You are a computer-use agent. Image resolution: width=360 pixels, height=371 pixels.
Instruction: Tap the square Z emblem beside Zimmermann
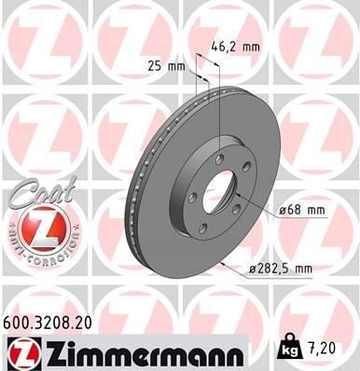tap(21, 351)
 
